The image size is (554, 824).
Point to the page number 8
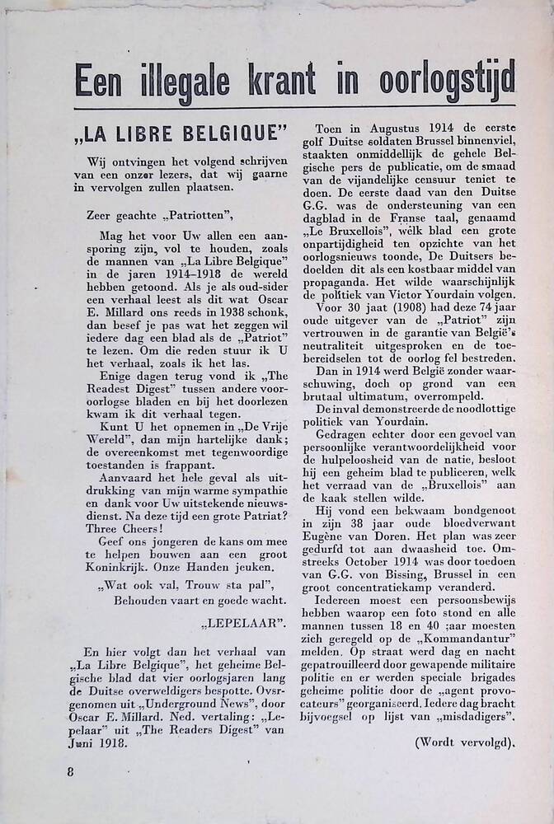click(72, 772)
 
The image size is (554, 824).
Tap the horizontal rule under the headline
click(294, 109)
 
